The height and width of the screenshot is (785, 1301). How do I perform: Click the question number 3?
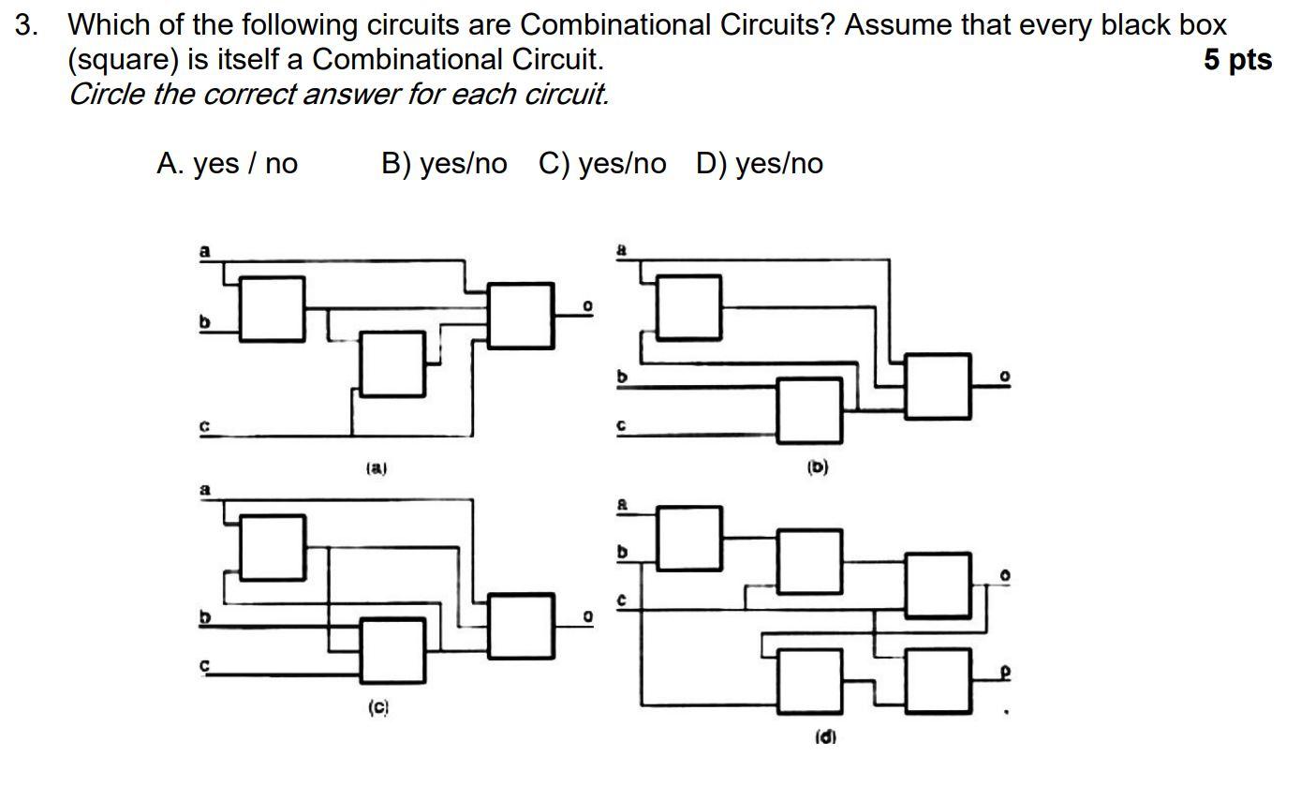pyautogui.click(x=26, y=25)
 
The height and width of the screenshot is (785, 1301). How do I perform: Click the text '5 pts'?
pyautogui.click(x=1236, y=60)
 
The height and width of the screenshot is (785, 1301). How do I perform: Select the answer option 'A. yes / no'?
pyautogui.click(x=227, y=164)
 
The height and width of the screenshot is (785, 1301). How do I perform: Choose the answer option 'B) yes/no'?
pyautogui.click(x=443, y=164)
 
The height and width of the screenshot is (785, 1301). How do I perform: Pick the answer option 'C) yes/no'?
pyautogui.click(x=602, y=164)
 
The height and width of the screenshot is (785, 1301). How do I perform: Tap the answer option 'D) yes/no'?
pyautogui.click(x=760, y=164)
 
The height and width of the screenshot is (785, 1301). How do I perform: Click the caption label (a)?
pyautogui.click(x=376, y=467)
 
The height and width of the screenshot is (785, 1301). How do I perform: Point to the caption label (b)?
pyautogui.click(x=818, y=466)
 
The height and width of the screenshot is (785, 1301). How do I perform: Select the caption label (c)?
pyautogui.click(x=377, y=708)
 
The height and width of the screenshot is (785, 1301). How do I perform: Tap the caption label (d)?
pyautogui.click(x=824, y=736)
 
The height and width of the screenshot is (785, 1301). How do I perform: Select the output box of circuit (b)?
pyautogui.click(x=938, y=385)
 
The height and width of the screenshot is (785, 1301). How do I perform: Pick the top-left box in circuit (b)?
pyautogui.click(x=688, y=306)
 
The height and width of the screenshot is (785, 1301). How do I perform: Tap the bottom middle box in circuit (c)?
pyautogui.click(x=392, y=649)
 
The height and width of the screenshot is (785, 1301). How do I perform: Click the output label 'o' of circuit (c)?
pyautogui.click(x=587, y=616)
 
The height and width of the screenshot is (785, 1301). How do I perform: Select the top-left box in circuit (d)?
pyautogui.click(x=688, y=538)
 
